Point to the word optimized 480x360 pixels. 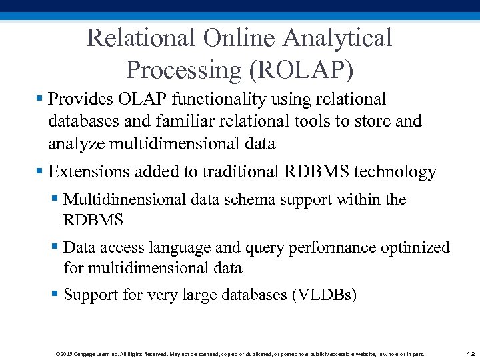(415, 248)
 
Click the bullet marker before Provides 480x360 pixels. (40, 100)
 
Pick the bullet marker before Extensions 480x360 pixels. (40, 172)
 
